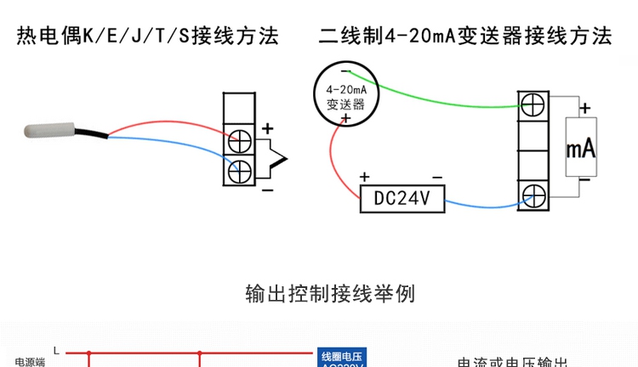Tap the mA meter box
(581, 149)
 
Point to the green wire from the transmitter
(442, 93)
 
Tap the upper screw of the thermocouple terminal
(242, 138)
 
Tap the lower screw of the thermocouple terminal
(242, 169)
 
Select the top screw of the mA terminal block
(533, 105)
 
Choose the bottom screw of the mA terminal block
(533, 196)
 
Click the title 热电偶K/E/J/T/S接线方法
(148, 37)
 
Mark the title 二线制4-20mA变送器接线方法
(464, 37)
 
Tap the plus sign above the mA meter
(584, 108)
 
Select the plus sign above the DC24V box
(365, 177)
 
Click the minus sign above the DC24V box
(436, 177)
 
